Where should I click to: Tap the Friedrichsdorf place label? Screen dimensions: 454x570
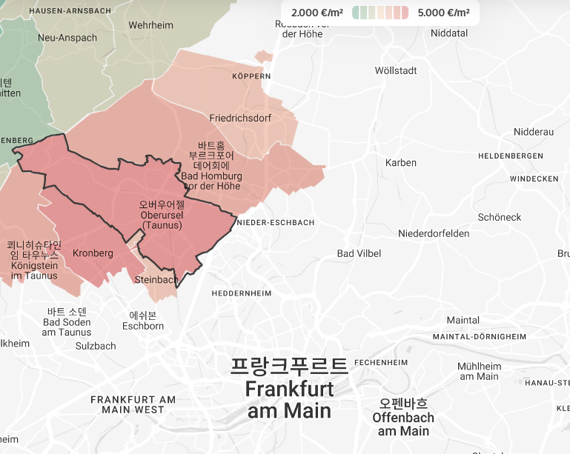coord(240,118)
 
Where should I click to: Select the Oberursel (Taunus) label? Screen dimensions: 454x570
coord(162,215)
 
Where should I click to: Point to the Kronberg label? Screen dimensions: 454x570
coord(93,253)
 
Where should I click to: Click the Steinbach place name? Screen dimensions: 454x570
coord(156,280)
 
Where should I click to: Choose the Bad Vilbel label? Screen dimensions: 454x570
coord(359,254)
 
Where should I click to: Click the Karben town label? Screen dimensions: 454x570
coord(401,163)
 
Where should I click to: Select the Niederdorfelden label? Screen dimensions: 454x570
coord(434,234)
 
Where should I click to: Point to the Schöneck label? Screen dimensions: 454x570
coord(500,218)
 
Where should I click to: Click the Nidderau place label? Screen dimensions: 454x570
coord(534,132)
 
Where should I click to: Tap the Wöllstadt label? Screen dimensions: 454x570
coord(397,71)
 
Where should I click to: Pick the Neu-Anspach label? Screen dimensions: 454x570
coord(67,38)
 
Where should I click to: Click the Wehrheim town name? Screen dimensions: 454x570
coord(150,25)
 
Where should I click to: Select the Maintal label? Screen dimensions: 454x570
coord(463,321)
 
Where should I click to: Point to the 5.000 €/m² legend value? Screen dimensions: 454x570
coord(443,13)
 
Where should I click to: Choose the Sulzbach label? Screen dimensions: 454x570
coord(96,346)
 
